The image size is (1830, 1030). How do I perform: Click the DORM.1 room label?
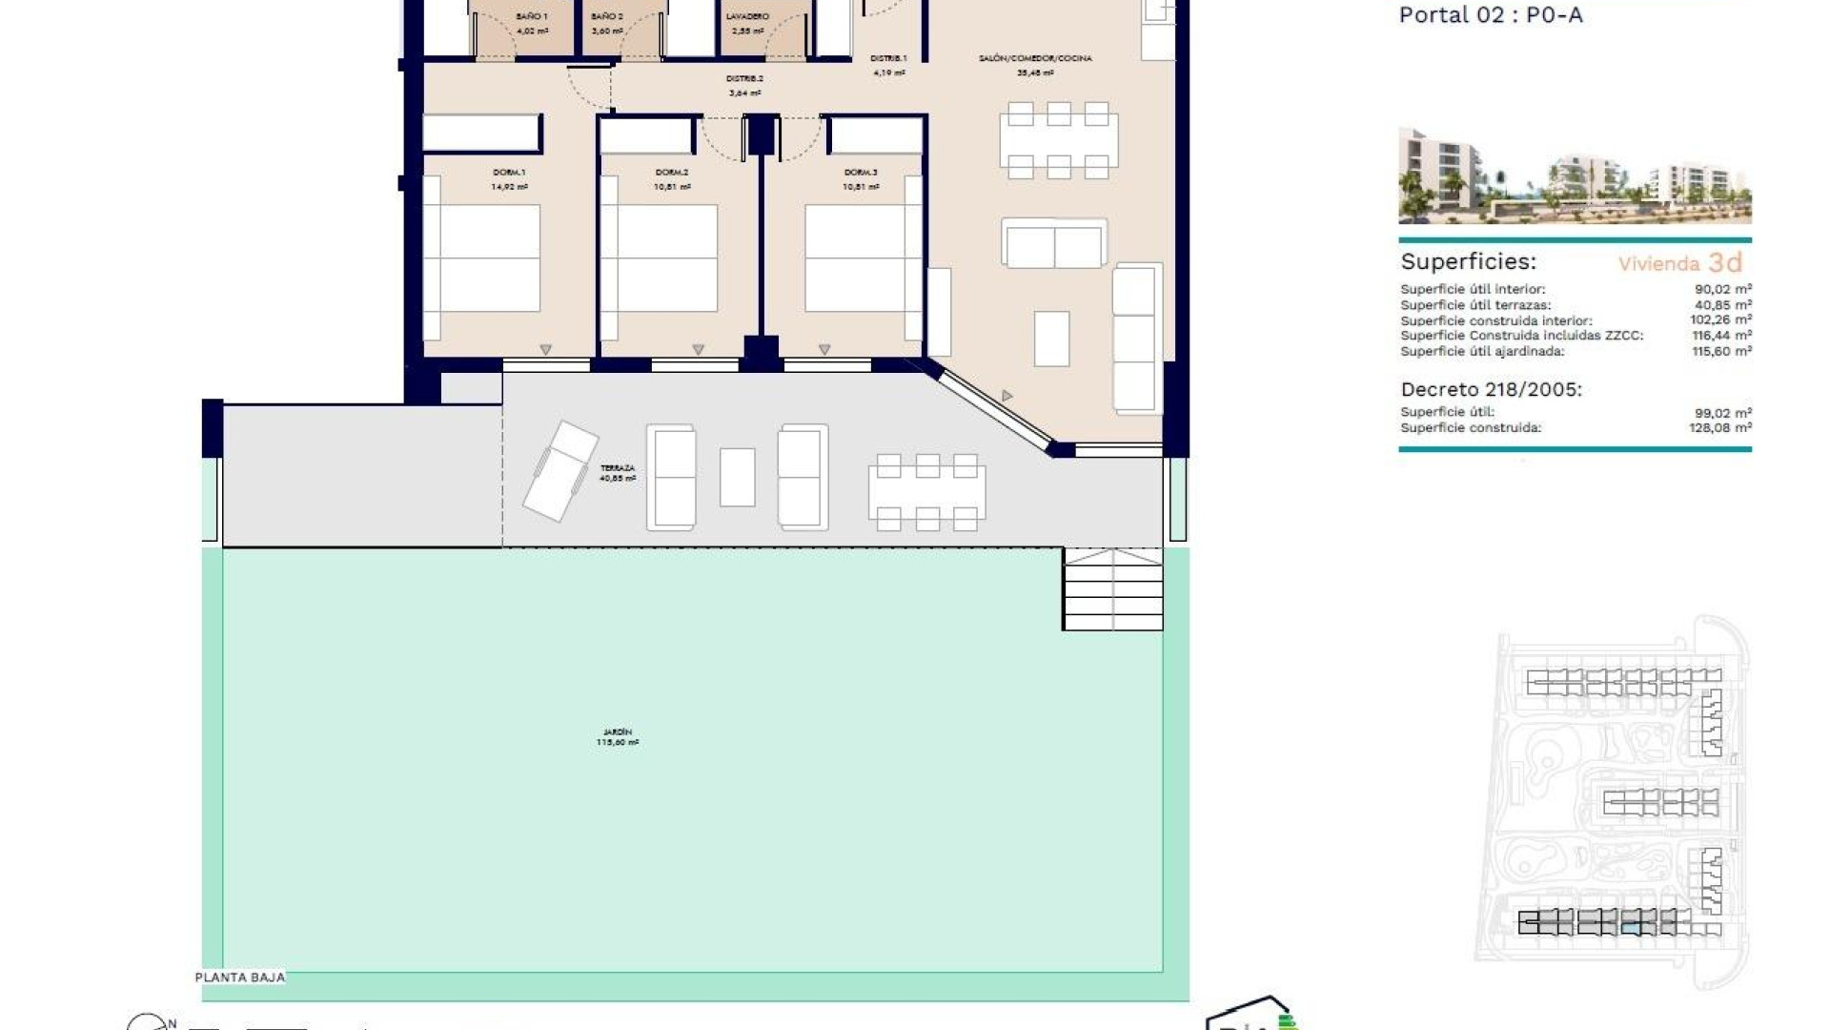(509, 173)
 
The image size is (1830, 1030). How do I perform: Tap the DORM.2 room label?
(671, 173)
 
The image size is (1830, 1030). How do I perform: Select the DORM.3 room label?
(860, 173)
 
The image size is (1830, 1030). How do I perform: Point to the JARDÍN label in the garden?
(618, 732)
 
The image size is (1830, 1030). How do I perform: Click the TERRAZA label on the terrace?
(617, 468)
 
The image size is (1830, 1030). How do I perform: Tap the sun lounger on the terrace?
(560, 471)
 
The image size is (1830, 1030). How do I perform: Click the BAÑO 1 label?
(532, 16)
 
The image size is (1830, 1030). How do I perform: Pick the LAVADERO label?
(746, 16)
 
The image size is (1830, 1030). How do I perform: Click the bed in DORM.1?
(482, 258)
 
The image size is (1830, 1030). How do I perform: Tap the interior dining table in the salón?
(1058, 141)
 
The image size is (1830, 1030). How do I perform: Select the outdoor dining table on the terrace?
(926, 493)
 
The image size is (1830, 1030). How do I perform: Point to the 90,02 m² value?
(1722, 289)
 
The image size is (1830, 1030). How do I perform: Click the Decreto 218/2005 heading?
(1491, 389)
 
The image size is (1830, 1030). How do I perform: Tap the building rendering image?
(1575, 175)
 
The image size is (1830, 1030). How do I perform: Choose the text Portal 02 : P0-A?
(1490, 14)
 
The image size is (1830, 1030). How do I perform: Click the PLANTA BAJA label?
(240, 978)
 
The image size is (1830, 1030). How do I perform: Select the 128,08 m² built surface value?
(1719, 428)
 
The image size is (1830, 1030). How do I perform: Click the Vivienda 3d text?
(1679, 263)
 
